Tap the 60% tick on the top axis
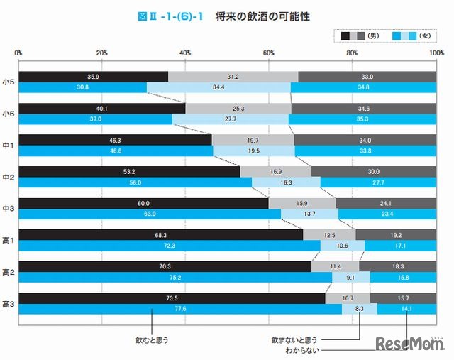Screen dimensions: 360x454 [x=269, y=53]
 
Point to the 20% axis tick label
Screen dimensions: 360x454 [x=101, y=53]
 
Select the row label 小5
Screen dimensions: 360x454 [x=9, y=82]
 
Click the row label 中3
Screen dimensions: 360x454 [x=9, y=209]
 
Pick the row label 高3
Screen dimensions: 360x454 [x=9, y=304]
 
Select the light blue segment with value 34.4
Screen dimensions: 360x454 [x=218, y=87]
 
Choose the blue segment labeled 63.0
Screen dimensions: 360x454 [x=150, y=214]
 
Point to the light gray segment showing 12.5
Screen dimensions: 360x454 [x=329, y=235]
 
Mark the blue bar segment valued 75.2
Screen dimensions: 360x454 [x=175, y=277]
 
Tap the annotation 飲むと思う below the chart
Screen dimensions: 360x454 [x=150, y=339]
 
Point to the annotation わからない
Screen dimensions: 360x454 [x=302, y=350]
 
